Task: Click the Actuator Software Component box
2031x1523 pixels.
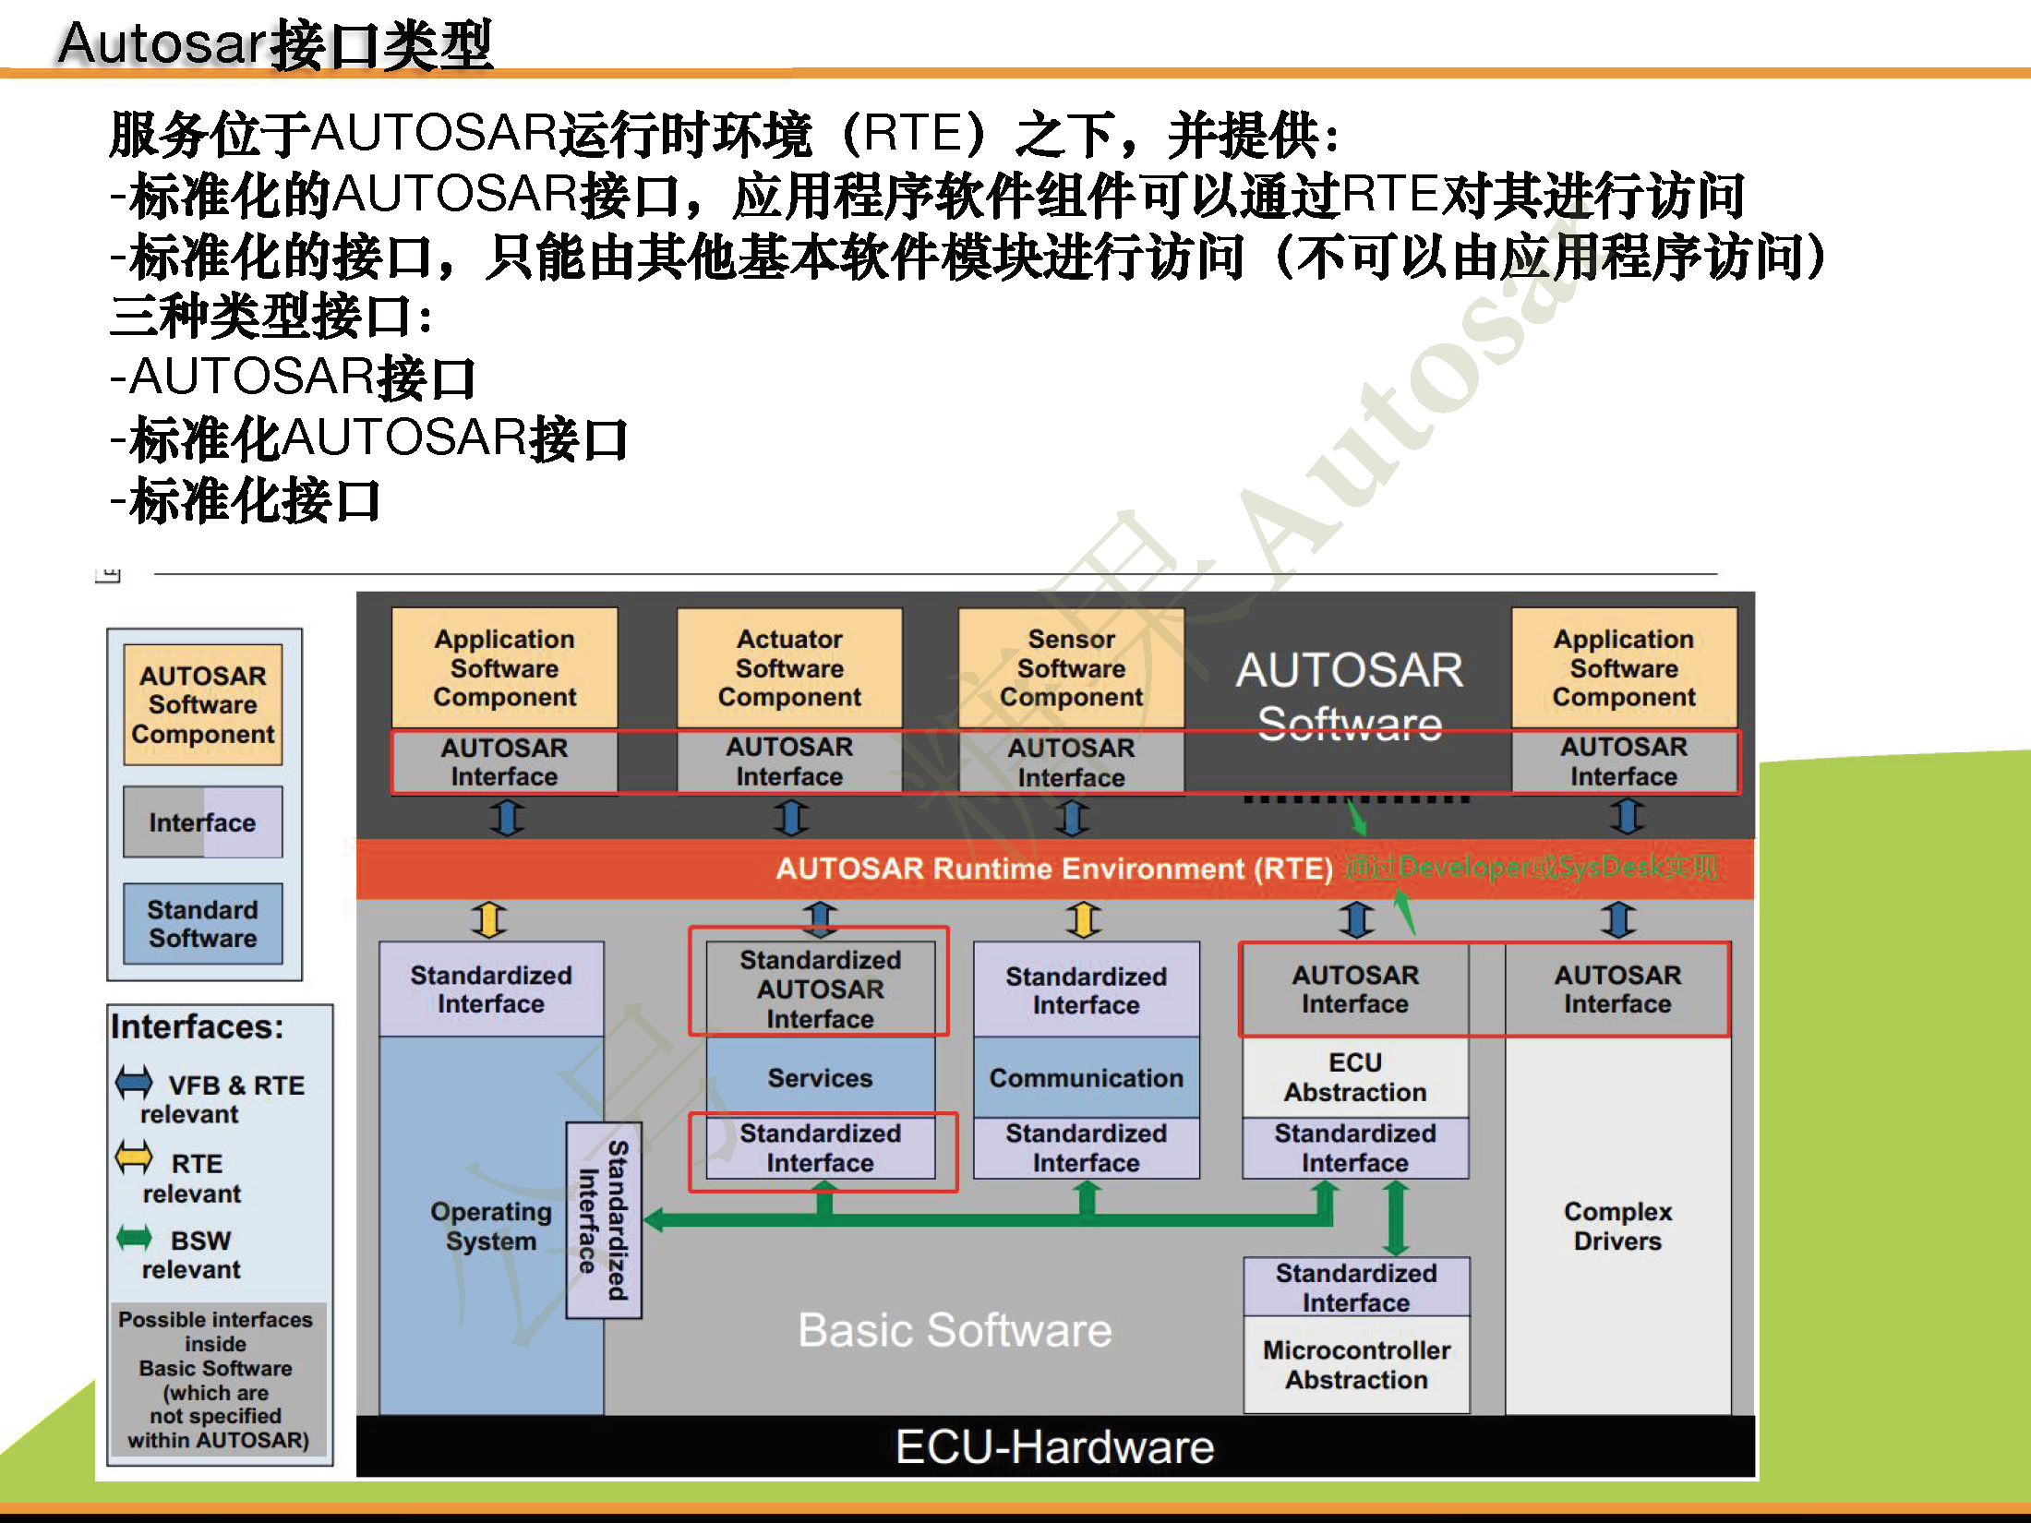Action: click(789, 667)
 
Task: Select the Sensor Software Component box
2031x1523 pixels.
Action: click(1071, 667)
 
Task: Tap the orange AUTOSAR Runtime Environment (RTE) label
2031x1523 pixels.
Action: click(1053, 869)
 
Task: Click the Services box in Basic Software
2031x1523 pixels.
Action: click(820, 1077)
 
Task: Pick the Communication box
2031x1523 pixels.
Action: click(1086, 1077)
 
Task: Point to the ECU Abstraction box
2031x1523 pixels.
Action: click(1354, 1077)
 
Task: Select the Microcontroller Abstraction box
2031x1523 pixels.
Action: click(1356, 1364)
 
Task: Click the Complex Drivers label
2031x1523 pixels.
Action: click(1617, 1226)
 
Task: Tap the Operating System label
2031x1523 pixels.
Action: click(490, 1226)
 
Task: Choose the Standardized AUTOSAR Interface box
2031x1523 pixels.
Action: click(820, 989)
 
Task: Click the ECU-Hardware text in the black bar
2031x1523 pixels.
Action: click(1054, 1446)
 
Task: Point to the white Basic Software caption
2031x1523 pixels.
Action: click(955, 1330)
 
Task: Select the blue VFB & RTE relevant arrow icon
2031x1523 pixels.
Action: click(134, 1082)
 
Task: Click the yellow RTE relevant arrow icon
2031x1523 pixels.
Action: click(134, 1157)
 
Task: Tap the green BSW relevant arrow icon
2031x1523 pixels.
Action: click(135, 1237)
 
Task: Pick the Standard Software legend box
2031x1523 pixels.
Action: click(203, 924)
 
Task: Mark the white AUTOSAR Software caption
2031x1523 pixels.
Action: click(1349, 696)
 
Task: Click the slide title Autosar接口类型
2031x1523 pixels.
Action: click(275, 43)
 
